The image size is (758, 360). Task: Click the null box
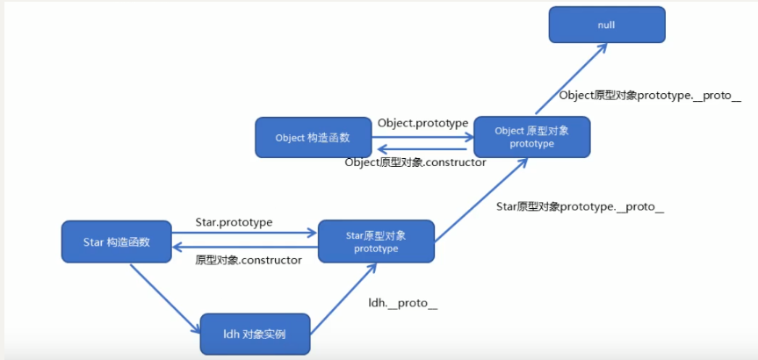tap(607, 25)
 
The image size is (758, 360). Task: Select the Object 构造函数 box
tap(312, 138)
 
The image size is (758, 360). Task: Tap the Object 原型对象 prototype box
tap(531, 136)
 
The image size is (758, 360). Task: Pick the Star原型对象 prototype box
tap(376, 241)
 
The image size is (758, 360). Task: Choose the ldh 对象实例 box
tap(255, 335)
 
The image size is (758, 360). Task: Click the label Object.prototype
tap(422, 123)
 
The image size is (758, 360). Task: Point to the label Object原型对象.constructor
tap(415, 162)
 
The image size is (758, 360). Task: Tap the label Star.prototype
tap(234, 222)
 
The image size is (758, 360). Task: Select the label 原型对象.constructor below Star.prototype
tap(249, 260)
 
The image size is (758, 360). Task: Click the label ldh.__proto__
tap(403, 303)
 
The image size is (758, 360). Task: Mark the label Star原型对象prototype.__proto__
tap(580, 207)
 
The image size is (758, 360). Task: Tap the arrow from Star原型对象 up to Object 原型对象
tap(479, 198)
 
